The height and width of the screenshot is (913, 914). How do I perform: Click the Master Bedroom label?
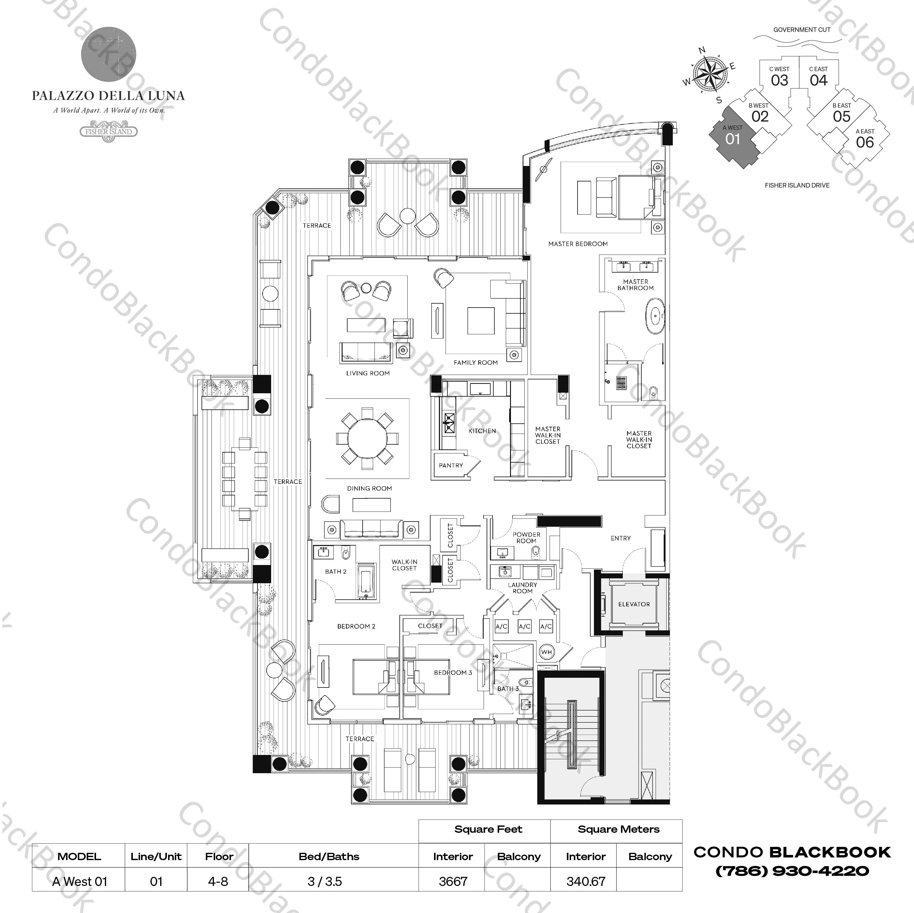pyautogui.click(x=578, y=244)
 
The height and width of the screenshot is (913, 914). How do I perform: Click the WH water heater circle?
pyautogui.click(x=547, y=652)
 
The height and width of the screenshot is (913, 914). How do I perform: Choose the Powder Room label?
pyautogui.click(x=526, y=537)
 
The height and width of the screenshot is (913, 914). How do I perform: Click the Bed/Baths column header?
pyautogui.click(x=329, y=856)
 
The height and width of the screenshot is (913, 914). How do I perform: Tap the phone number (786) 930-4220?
pyautogui.click(x=792, y=871)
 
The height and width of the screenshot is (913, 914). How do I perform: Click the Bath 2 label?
pyautogui.click(x=336, y=571)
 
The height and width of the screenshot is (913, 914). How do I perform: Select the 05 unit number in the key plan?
pyautogui.click(x=842, y=116)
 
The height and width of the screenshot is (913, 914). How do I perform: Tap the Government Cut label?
pyautogui.click(x=802, y=30)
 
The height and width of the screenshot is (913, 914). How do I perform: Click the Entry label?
pyautogui.click(x=620, y=538)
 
